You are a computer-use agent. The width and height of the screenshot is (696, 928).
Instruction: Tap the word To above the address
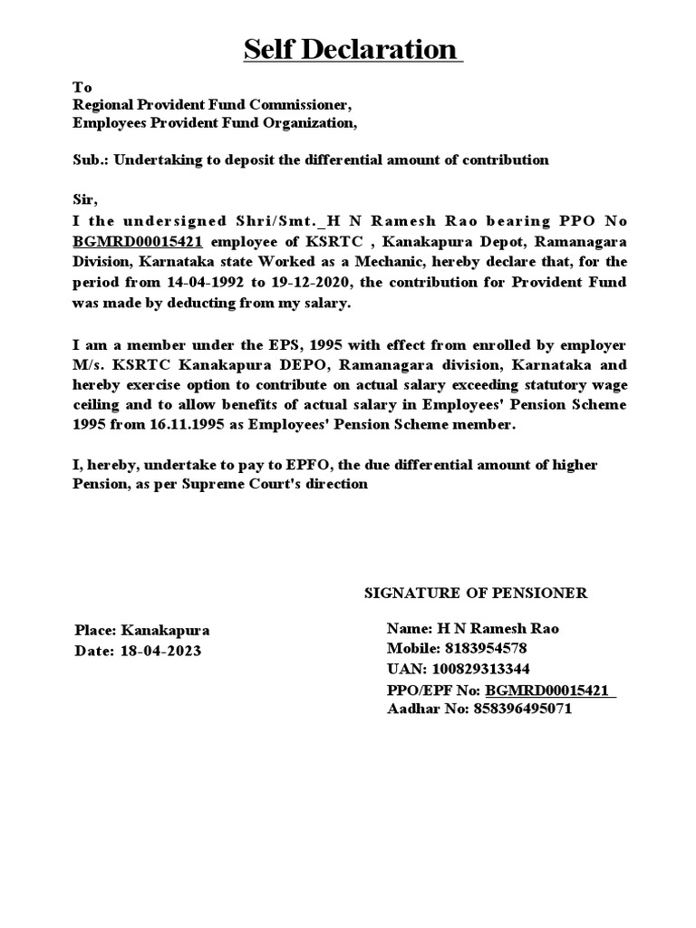coord(82,88)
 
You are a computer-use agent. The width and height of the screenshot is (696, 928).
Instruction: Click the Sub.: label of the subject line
coord(89,159)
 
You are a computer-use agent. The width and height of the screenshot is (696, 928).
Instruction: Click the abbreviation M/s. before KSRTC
coord(89,364)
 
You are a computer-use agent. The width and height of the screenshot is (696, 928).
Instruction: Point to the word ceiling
coord(97,404)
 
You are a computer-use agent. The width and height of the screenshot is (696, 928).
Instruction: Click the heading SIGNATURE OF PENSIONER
coord(476,594)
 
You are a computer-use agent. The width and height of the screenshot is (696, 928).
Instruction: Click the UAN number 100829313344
coord(480,669)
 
